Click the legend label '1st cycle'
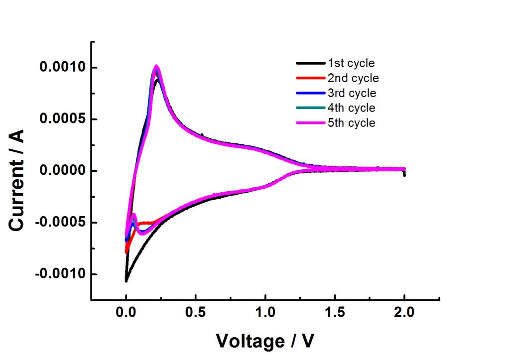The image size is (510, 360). [351, 63]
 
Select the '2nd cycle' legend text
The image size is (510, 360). [353, 78]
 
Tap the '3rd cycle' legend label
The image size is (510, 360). [352, 93]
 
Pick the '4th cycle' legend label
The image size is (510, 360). [351, 108]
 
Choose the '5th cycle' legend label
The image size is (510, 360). [351, 122]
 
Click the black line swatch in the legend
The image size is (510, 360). [310, 63]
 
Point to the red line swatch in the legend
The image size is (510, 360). [310, 78]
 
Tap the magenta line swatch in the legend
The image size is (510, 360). [310, 122]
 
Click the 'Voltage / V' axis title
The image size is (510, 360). [265, 341]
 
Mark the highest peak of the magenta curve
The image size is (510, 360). [156, 66]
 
